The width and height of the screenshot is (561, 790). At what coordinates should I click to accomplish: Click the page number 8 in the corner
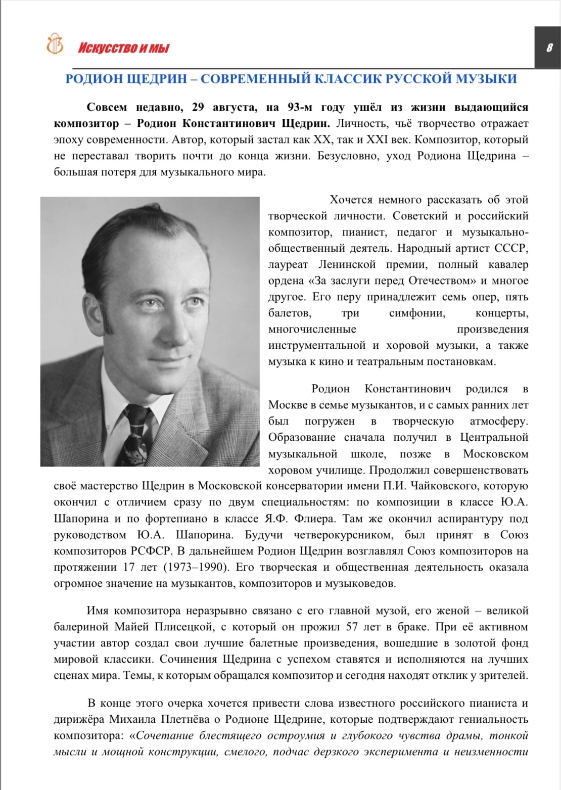pyautogui.click(x=549, y=48)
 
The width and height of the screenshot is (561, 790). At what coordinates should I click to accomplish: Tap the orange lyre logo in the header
pyautogui.click(x=55, y=44)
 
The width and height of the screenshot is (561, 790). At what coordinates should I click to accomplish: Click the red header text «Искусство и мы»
pyautogui.click(x=123, y=49)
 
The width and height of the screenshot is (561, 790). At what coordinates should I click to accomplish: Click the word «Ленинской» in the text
pyautogui.click(x=347, y=264)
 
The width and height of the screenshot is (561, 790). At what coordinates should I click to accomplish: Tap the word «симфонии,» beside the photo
pyautogui.click(x=417, y=313)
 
